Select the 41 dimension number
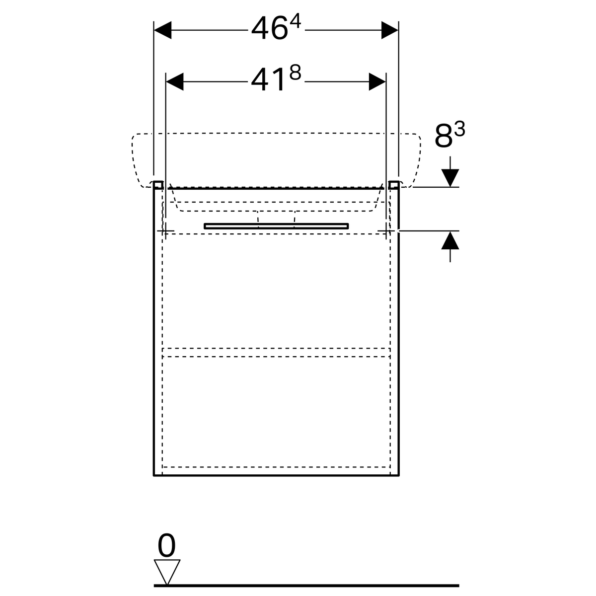(x=268, y=80)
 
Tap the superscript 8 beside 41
(x=295, y=73)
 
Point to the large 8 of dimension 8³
(x=444, y=136)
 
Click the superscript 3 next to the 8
(x=460, y=129)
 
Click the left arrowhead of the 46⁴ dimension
(x=163, y=30)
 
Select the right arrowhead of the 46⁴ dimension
(x=390, y=30)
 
